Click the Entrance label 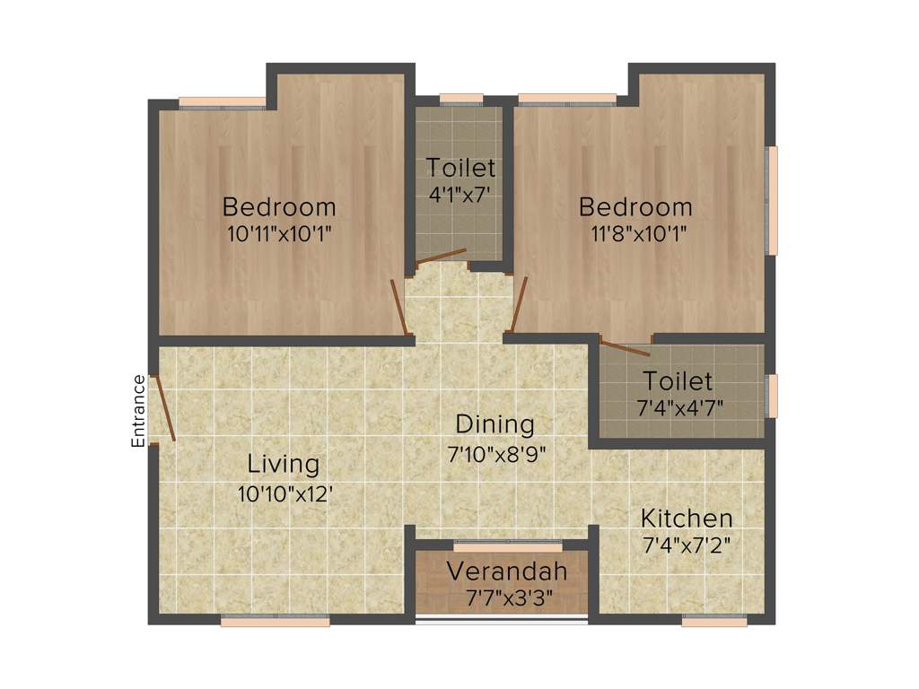138,411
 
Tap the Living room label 284,464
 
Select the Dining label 495,423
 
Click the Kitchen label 686,518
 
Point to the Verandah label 507,571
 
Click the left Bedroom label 279,206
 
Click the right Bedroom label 635,206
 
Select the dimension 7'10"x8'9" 496,452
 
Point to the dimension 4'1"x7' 460,195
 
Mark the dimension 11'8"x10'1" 640,234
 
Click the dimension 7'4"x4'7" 679,408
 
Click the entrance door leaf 165,408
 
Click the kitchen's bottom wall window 713,621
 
